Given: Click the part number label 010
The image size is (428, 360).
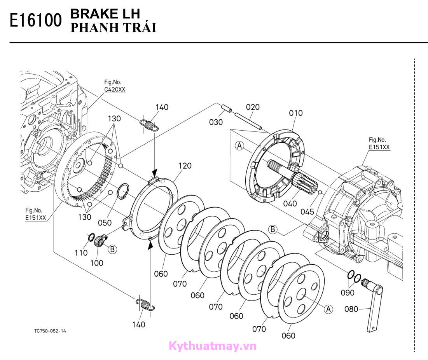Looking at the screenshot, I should pyautogui.click(x=295, y=113).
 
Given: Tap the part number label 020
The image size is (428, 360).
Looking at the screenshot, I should pyautogui.click(x=253, y=107).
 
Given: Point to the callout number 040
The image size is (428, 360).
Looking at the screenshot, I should pyautogui.click(x=290, y=203).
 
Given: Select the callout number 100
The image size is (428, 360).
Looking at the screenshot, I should pyautogui.click(x=97, y=263).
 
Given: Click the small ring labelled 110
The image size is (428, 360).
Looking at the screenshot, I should pyautogui.click(x=91, y=237).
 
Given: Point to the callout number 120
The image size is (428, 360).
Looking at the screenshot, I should pyautogui.click(x=185, y=166).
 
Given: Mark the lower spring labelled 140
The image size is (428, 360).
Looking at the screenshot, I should pyautogui.click(x=145, y=304).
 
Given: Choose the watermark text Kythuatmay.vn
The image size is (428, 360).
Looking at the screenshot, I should pyautogui.click(x=213, y=345).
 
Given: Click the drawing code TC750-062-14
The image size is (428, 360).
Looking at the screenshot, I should pyautogui.click(x=50, y=331).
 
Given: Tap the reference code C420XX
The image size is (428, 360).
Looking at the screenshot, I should pyautogui.click(x=115, y=89).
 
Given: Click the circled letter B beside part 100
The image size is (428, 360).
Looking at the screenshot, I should pyautogui.click(x=112, y=250).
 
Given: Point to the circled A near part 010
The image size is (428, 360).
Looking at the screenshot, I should pyautogui.click(x=239, y=146).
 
